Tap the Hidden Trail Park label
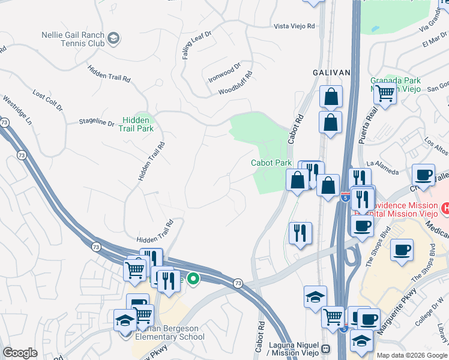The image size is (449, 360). [x=136, y=124]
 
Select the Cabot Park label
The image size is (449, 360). [x=271, y=163]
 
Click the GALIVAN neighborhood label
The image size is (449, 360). [x=331, y=72]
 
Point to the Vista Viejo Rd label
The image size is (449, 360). [x=294, y=26]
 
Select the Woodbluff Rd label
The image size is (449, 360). [x=236, y=83]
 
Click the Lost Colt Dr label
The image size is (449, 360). [x=47, y=101]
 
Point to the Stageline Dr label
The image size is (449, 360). [x=96, y=122]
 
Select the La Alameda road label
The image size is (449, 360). [x=382, y=167]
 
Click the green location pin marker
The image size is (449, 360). [x=193, y=279]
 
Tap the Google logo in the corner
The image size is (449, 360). [x=20, y=353]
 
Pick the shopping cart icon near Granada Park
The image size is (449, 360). [x=384, y=93]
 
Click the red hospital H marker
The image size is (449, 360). [x=445, y=208]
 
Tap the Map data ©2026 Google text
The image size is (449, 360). [x=412, y=355]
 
